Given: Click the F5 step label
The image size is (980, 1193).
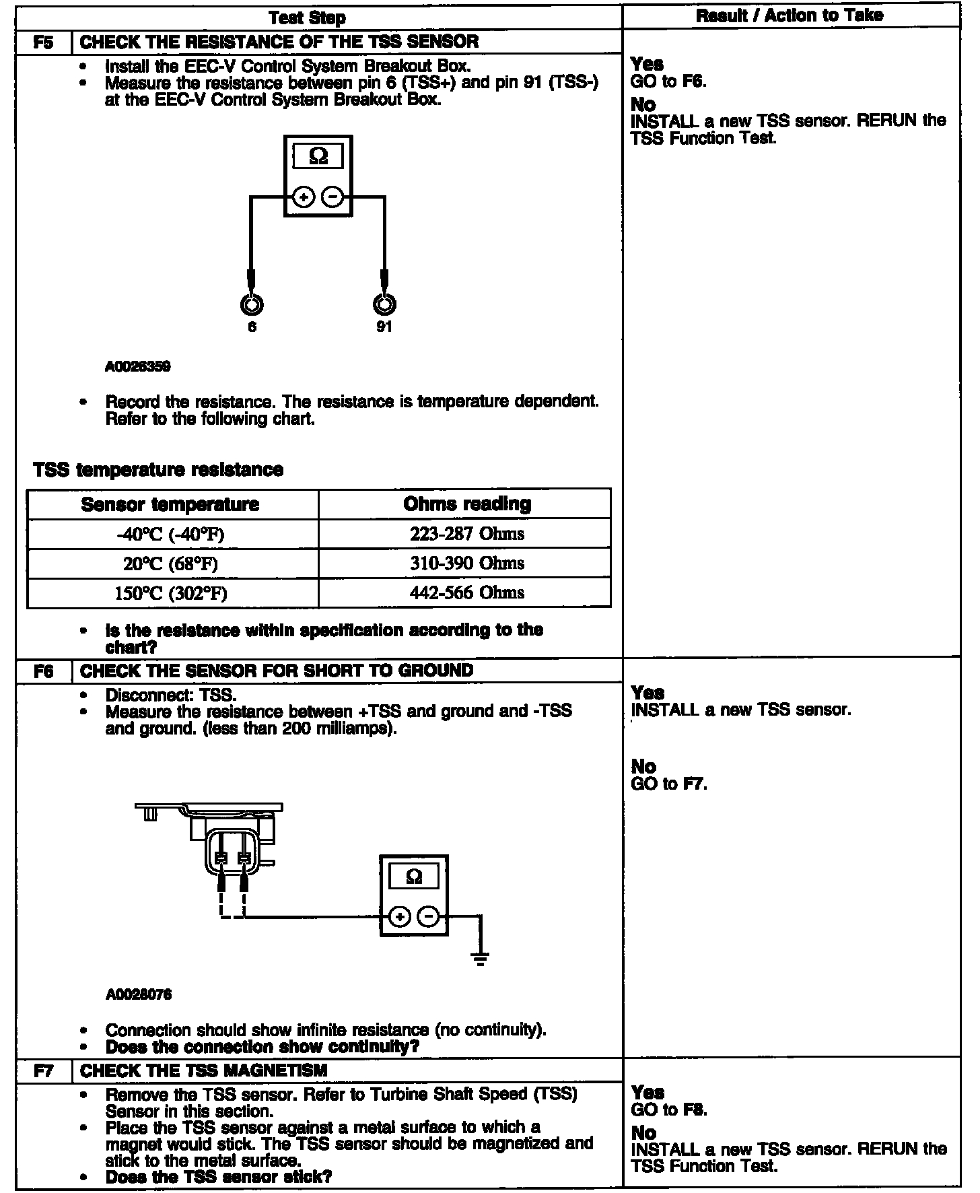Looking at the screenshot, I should pos(43,42).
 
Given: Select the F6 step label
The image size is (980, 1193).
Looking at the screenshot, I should pos(43,671).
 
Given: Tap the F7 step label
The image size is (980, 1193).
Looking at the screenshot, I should pos(43,1071).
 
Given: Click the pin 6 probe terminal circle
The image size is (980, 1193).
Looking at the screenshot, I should pos(252,305).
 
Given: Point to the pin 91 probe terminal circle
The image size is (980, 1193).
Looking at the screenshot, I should pos(384,305).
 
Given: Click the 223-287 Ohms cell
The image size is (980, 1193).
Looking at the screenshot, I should pos(466,534).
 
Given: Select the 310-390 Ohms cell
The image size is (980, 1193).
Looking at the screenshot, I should pos(466,564).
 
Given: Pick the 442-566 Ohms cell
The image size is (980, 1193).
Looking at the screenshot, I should pos(466,593).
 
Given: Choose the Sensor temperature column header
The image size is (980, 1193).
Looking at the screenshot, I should pos(170,504).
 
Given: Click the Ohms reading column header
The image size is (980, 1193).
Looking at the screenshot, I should pos(467,504).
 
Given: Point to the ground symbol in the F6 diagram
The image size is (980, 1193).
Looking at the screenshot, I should pos(480,959).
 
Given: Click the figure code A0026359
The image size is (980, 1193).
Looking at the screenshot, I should pos(137,367).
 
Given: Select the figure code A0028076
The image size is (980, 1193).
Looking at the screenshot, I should pos(138,994).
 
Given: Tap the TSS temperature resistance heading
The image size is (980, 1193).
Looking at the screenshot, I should pos(158,469).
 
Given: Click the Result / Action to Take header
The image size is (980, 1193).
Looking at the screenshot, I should pos(789,15).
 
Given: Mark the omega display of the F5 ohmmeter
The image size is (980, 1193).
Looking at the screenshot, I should pos(318,157).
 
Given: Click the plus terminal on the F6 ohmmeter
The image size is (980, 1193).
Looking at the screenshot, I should pos(400,916).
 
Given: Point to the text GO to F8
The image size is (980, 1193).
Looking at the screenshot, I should pos(669,1110).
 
